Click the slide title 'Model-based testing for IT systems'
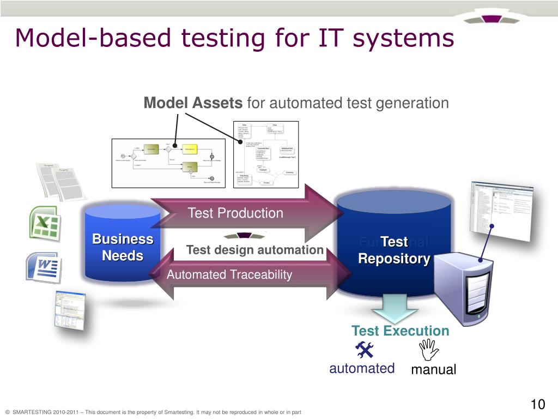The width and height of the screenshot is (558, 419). (x=234, y=38)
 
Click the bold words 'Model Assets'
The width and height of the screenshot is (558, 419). (x=193, y=103)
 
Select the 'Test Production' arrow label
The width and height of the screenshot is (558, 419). (x=235, y=213)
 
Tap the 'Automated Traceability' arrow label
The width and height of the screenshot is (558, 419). (x=229, y=275)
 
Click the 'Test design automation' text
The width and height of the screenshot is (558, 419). (x=254, y=250)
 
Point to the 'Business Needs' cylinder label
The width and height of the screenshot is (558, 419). (x=123, y=247)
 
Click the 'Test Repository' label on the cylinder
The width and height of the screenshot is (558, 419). (x=394, y=250)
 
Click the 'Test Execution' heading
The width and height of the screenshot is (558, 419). (x=400, y=331)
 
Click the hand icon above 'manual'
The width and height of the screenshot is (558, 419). (x=429, y=349)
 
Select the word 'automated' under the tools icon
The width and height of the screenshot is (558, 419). (x=362, y=368)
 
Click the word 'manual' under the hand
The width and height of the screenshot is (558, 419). (x=433, y=370)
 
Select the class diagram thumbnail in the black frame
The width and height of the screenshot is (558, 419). (x=266, y=154)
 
